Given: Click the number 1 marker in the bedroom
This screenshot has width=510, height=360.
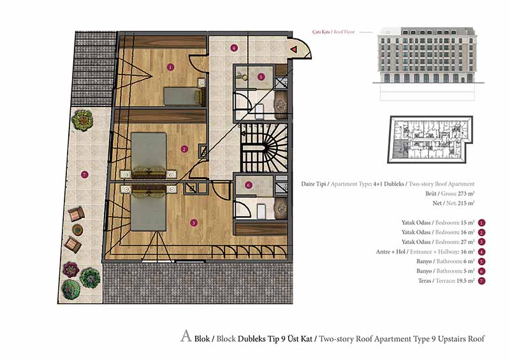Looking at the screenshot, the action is click(x=170, y=68).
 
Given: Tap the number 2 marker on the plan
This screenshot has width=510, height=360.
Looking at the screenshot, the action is click(x=184, y=149).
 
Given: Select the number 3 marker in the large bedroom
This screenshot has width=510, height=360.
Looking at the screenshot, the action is click(x=194, y=223).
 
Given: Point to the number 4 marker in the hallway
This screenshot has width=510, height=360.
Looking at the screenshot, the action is click(x=233, y=48).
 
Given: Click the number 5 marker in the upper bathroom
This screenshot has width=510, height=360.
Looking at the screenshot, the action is click(x=261, y=76).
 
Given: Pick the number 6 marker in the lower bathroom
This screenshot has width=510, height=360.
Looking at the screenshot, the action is click(x=249, y=185).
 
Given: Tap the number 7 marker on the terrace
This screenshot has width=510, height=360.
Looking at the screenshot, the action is click(x=85, y=175).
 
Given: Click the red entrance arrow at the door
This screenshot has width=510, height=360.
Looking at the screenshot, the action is click(x=294, y=50).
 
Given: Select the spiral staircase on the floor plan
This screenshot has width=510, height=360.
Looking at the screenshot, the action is click(x=264, y=148).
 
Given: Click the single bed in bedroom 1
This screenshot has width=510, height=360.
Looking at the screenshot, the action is click(x=184, y=96).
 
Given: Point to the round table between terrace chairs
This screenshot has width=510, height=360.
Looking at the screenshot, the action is click(x=77, y=230).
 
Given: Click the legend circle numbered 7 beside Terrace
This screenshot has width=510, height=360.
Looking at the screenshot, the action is click(x=481, y=280).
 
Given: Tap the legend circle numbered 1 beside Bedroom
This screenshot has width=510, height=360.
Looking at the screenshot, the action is click(x=481, y=223).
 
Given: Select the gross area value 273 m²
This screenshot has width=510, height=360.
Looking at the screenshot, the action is click(x=466, y=194).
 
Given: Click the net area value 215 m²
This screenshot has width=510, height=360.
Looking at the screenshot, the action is click(x=466, y=203).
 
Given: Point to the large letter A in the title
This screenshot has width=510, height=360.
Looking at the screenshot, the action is click(x=186, y=336).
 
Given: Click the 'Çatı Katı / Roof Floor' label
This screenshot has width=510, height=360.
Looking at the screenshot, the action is click(x=333, y=32).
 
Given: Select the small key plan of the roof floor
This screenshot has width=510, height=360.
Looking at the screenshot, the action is click(x=430, y=139).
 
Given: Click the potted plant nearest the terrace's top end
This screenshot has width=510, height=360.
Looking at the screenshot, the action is click(x=83, y=120).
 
